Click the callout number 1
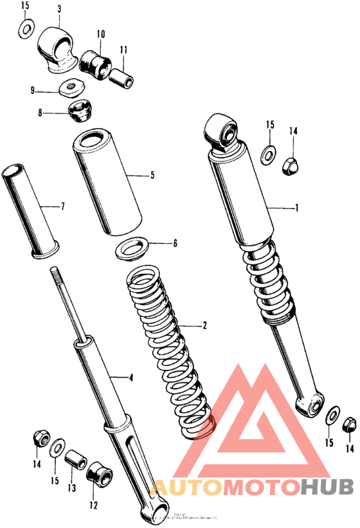point(297,208)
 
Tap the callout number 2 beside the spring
point(204,326)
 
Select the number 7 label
point(62,207)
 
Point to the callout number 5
point(152,174)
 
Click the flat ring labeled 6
point(133,248)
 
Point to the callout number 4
point(130,378)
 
